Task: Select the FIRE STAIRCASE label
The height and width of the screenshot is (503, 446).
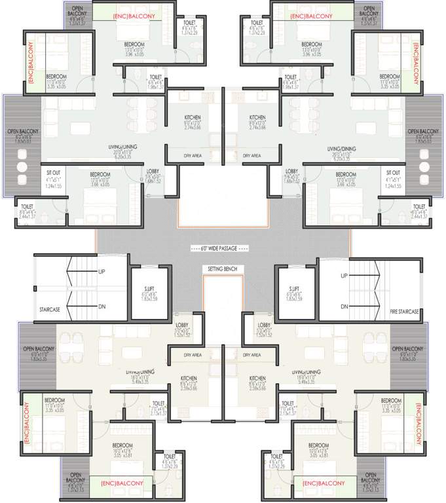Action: pos(403,312)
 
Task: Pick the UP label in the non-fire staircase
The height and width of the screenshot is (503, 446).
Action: pos(102,271)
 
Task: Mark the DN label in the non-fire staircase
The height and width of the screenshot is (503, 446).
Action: pos(102,306)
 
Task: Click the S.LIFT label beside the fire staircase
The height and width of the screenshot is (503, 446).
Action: pos(293,288)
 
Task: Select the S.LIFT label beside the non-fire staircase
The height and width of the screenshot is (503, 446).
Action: pos(149,288)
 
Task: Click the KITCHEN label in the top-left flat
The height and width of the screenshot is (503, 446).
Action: pos(192,118)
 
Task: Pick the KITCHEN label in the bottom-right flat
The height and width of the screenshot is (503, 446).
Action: pos(257,379)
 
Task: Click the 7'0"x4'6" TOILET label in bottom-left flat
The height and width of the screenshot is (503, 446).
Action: pos(158,403)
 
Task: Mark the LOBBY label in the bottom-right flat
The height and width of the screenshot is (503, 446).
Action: pos(265,326)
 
